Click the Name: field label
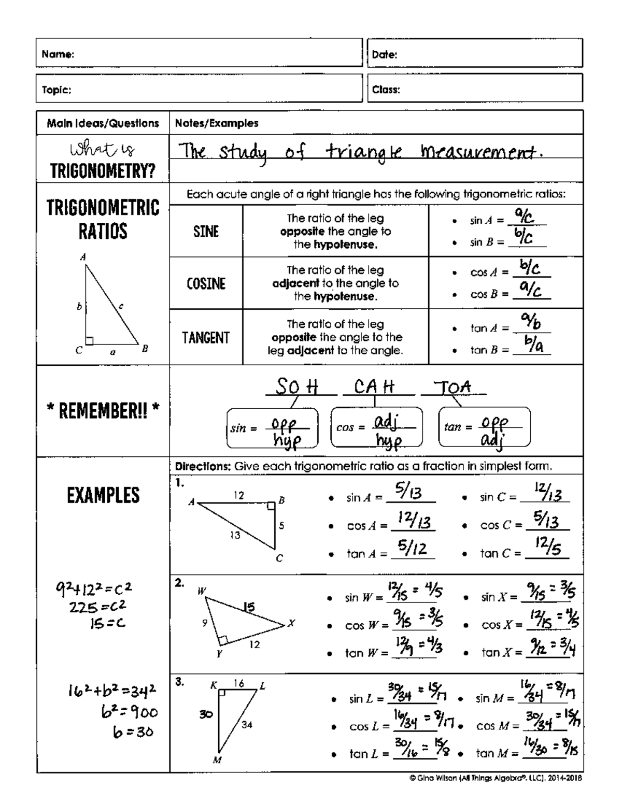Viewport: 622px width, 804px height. [x=58, y=54]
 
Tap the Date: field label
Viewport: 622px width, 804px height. [x=385, y=54]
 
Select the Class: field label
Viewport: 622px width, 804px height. [x=386, y=90]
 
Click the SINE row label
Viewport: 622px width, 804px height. [x=206, y=231]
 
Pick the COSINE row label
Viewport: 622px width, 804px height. [x=206, y=283]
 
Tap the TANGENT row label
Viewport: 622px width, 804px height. [x=206, y=338]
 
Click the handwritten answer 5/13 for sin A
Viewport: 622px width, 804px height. [x=409, y=492]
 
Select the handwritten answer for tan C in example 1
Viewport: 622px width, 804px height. [x=548, y=547]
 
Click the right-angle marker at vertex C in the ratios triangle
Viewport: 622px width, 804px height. [x=90, y=340]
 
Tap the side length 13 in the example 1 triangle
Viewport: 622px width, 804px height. [x=235, y=535]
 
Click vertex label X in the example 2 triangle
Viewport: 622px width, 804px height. [x=291, y=623]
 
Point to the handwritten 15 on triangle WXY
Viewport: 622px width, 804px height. [x=249, y=607]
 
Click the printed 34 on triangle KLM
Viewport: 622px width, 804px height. [x=247, y=725]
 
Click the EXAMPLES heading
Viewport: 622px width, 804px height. [x=103, y=495]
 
